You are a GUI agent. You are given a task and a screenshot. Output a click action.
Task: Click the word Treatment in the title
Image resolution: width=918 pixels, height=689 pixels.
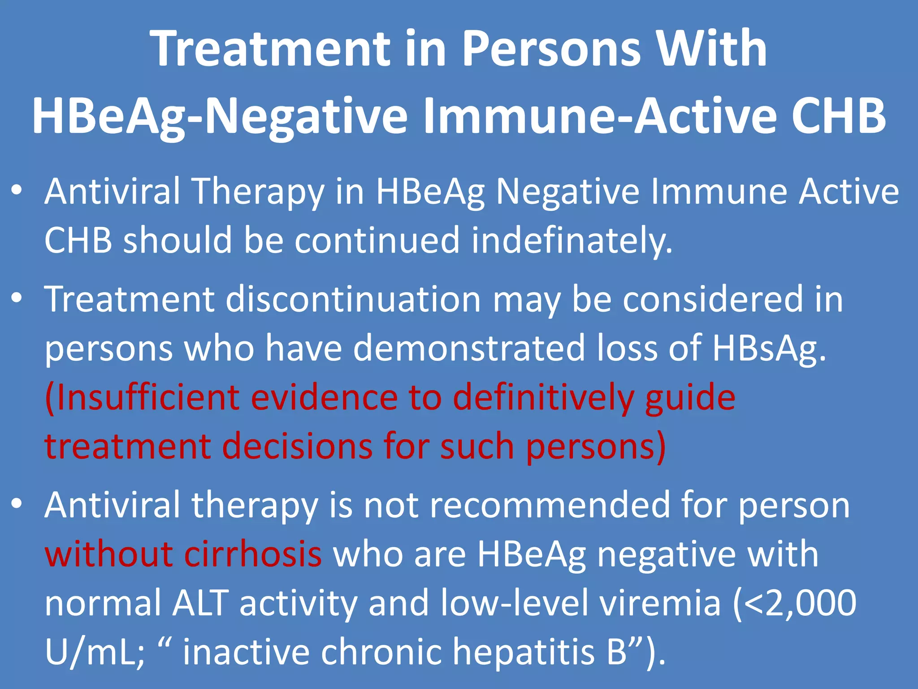(x=272, y=48)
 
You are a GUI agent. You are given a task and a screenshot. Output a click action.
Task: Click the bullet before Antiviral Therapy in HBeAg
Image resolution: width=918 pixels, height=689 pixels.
(x=17, y=190)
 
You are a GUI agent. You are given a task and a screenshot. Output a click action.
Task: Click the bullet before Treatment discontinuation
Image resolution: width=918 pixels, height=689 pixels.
(x=17, y=298)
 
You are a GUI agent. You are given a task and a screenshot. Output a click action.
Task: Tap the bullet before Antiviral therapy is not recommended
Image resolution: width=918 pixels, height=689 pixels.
(x=17, y=504)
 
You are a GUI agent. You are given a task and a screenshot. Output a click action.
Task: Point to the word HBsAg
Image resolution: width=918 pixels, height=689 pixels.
(x=769, y=349)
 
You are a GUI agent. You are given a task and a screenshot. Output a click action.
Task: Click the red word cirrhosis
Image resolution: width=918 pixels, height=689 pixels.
(x=253, y=554)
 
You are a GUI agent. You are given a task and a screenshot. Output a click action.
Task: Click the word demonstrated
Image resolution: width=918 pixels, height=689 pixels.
(x=469, y=349)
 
